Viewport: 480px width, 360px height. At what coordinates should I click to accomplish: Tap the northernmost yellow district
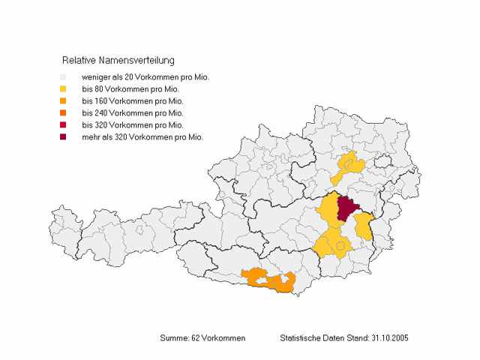pos(349,163)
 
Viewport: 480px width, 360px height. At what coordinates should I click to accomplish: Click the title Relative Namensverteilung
pos(118,59)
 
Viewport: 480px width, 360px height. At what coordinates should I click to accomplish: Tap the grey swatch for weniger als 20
pos(64,77)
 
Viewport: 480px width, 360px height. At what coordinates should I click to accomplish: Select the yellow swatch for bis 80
pos(64,89)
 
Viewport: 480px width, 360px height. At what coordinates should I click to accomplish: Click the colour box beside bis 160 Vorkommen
pos(64,101)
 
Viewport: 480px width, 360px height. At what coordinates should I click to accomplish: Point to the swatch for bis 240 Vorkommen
pos(64,113)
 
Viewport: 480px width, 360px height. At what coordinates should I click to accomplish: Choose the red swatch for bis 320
pos(64,125)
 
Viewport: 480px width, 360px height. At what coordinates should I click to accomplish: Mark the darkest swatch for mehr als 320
pos(64,137)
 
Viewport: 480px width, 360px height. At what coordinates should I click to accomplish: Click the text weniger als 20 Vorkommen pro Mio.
pos(145,77)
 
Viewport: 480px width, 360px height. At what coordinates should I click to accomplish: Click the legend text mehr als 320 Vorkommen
pos(142,137)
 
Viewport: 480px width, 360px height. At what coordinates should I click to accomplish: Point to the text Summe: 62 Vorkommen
pos(202,338)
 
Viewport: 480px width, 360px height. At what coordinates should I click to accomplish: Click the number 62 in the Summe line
pos(193,338)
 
